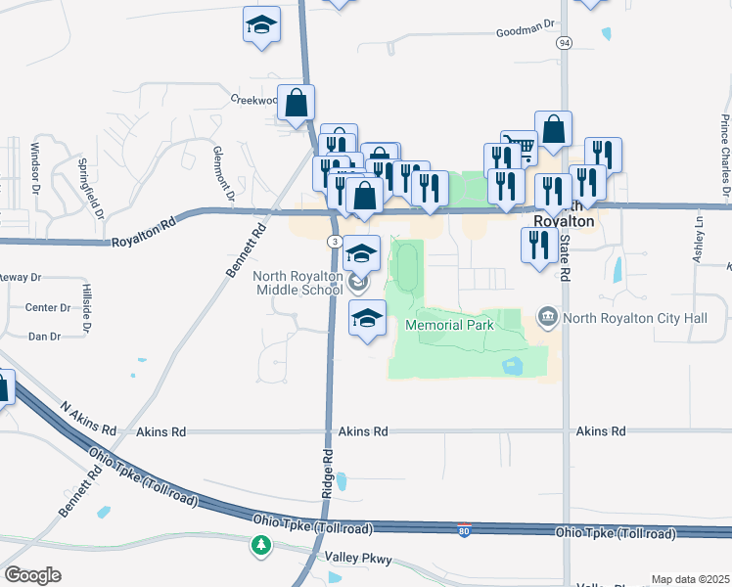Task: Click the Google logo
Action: [32, 575]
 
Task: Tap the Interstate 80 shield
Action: [465, 530]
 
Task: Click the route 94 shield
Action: [564, 44]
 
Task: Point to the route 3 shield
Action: [335, 241]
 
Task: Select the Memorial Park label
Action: [449, 325]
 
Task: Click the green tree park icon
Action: [260, 544]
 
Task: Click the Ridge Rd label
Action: [327, 474]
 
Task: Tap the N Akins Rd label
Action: [88, 418]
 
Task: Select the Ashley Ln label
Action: [699, 239]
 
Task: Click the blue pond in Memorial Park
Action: [511, 365]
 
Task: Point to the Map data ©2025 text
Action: [691, 579]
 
